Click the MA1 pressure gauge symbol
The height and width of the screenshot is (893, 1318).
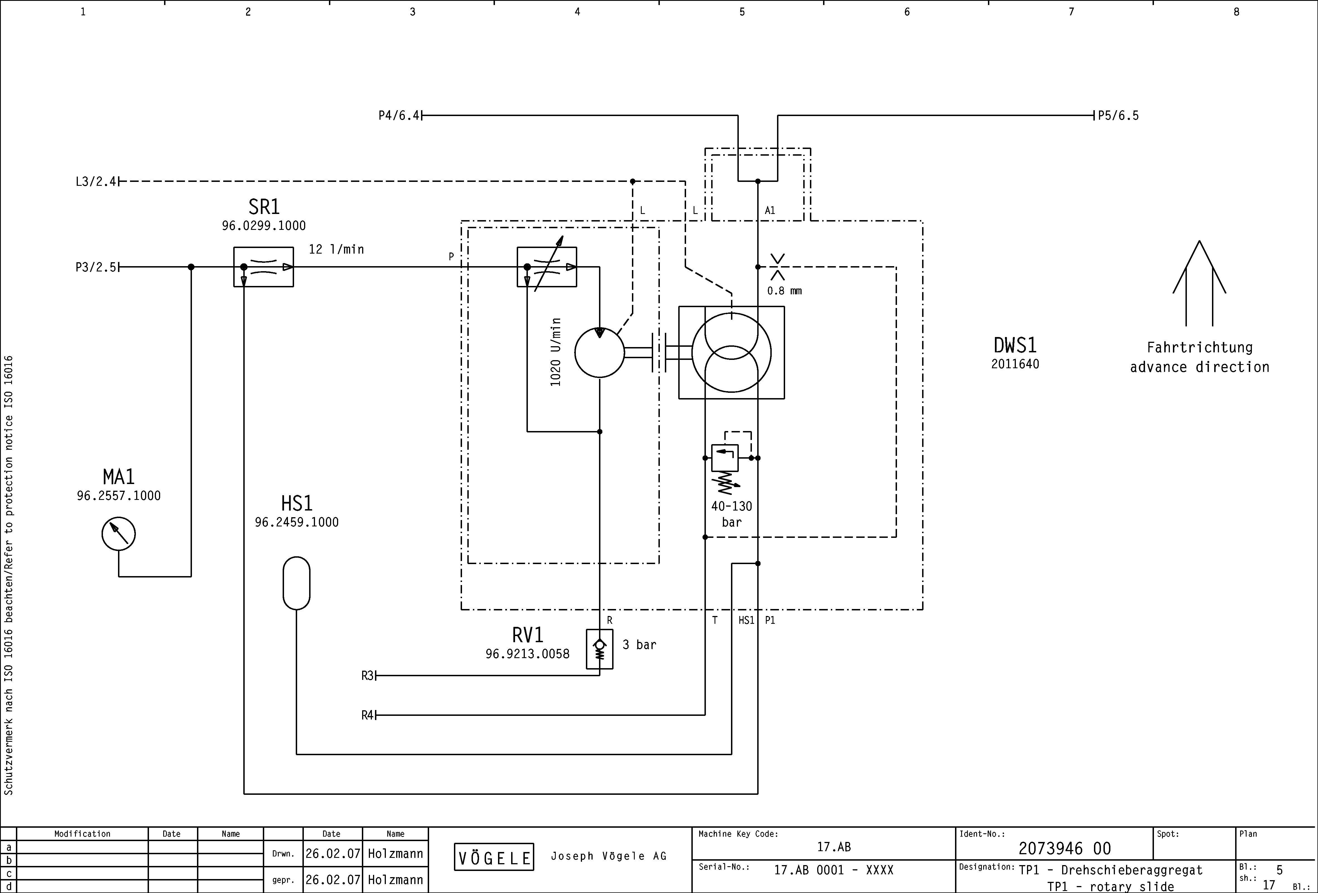point(119,533)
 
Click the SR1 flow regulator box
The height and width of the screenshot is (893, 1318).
point(264,267)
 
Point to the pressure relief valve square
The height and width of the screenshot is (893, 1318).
point(725,458)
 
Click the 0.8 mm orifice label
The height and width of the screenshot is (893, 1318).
point(784,291)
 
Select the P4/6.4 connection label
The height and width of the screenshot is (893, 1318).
point(399,116)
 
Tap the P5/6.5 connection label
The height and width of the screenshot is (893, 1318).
point(1118,116)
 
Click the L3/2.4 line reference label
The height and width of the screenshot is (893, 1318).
point(96,181)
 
